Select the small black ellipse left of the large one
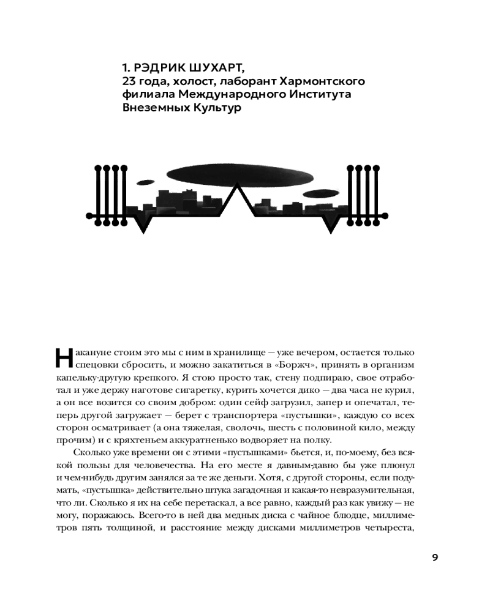click(x=146, y=182)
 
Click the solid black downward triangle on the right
click(x=332, y=225)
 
